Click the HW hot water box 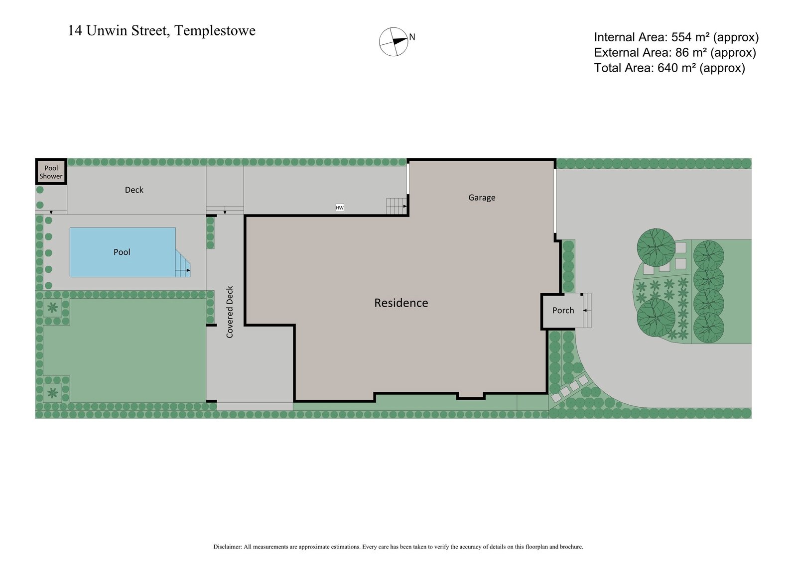pyautogui.click(x=340, y=208)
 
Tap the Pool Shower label pyautogui.click(x=51, y=172)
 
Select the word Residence pyautogui.click(x=401, y=303)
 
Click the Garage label pyautogui.click(x=482, y=198)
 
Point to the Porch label pyautogui.click(x=563, y=311)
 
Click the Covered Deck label pyautogui.click(x=230, y=312)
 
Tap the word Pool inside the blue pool pyautogui.click(x=122, y=252)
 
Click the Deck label pyautogui.click(x=134, y=190)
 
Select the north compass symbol pyautogui.click(x=394, y=42)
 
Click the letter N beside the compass pyautogui.click(x=412, y=37)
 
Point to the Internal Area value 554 pyautogui.click(x=681, y=37)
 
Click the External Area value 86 pyautogui.click(x=682, y=53)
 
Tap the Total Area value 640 pyautogui.click(x=667, y=68)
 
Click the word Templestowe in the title pyautogui.click(x=215, y=31)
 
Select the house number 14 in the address pyautogui.click(x=75, y=31)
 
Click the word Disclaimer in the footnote pyautogui.click(x=227, y=547)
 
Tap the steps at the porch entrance pyautogui.click(x=587, y=311)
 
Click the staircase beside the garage pyautogui.click(x=397, y=206)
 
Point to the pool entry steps pyautogui.click(x=182, y=265)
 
